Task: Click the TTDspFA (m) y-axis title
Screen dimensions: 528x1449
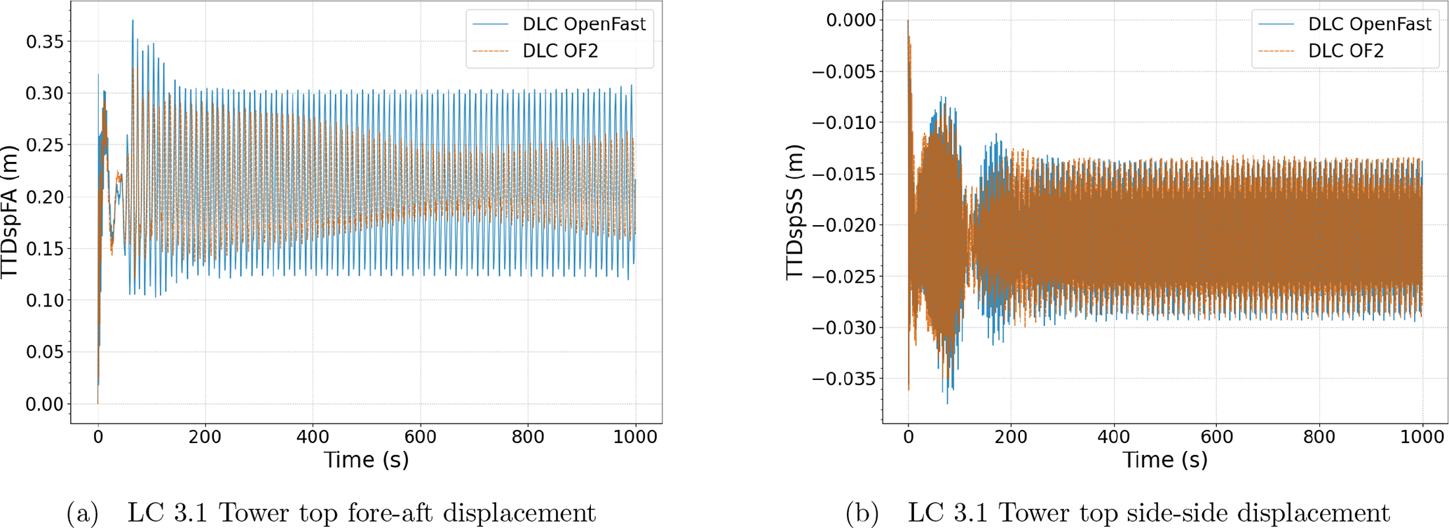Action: [10, 212]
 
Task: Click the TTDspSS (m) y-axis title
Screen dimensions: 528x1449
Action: [795, 212]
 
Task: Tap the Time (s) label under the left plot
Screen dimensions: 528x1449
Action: [366, 460]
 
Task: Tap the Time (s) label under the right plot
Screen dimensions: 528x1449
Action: [1165, 460]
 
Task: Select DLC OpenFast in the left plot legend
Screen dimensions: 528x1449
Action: [583, 25]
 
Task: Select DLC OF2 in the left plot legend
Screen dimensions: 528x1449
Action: [560, 51]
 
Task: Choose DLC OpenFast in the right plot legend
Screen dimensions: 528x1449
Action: [1369, 25]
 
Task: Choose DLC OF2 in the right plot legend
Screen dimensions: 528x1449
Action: [1346, 51]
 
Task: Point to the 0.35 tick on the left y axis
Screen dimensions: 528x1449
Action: [44, 42]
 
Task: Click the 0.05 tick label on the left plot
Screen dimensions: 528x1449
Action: [44, 352]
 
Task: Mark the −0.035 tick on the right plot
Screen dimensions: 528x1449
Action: [844, 379]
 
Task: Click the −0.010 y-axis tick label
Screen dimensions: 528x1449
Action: [844, 123]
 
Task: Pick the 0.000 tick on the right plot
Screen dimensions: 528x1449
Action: [850, 20]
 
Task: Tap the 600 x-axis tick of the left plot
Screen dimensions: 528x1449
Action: [421, 437]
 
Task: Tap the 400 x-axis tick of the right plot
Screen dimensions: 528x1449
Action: [1114, 437]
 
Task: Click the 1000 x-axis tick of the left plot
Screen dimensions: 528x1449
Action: [635, 437]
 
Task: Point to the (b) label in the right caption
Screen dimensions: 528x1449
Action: [862, 514]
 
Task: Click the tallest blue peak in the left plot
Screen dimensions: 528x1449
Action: [132, 21]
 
